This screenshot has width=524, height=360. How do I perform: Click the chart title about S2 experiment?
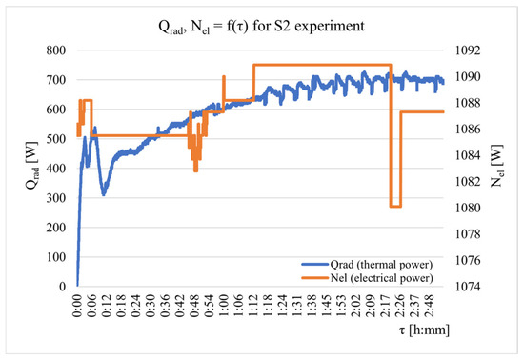click(x=261, y=26)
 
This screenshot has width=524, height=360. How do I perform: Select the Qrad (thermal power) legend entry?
click(x=367, y=265)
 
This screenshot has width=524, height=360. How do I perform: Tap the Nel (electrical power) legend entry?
click(x=367, y=278)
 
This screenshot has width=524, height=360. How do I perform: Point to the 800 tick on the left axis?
click(x=56, y=50)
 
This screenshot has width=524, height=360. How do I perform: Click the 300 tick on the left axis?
click(x=56, y=198)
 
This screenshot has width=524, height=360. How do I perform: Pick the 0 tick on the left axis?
click(x=63, y=287)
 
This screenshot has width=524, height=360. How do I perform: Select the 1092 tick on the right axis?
click(x=468, y=50)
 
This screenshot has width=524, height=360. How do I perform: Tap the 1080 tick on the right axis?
click(x=468, y=208)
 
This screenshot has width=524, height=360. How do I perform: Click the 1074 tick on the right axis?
click(x=468, y=287)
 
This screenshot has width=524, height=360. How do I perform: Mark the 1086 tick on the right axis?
click(x=468, y=129)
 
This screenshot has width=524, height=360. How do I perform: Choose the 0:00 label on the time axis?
click(x=77, y=306)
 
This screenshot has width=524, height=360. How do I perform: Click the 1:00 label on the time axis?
click(x=224, y=306)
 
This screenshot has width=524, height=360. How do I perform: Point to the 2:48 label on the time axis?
click(x=430, y=306)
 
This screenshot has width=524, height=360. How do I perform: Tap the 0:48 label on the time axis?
click(x=194, y=306)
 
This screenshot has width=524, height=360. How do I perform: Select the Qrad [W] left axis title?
click(x=32, y=166)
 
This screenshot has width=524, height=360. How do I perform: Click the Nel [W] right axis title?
click(x=497, y=166)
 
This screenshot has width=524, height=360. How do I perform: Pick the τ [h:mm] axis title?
click(x=424, y=330)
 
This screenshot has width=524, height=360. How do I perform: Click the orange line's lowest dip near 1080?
click(x=395, y=207)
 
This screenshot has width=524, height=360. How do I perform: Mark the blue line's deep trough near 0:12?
click(x=104, y=193)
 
